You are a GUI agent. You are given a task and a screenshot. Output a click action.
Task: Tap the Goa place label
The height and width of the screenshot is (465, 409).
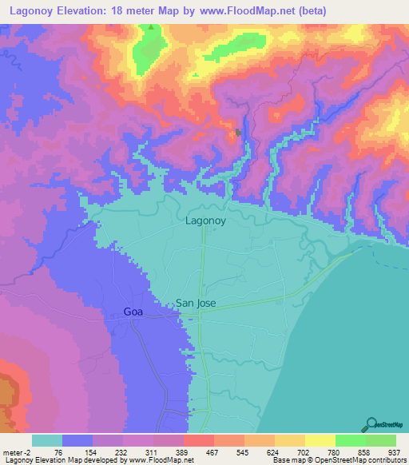(x=133, y=312)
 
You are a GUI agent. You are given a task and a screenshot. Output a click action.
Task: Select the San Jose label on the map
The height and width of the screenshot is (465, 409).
(x=196, y=304)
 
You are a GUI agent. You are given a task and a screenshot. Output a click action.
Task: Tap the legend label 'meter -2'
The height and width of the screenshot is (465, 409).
(x=16, y=451)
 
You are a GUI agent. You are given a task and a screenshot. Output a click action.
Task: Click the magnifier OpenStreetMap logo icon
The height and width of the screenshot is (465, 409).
(x=371, y=425)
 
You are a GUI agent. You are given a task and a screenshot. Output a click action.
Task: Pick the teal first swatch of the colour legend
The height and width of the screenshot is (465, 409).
(x=47, y=440)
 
